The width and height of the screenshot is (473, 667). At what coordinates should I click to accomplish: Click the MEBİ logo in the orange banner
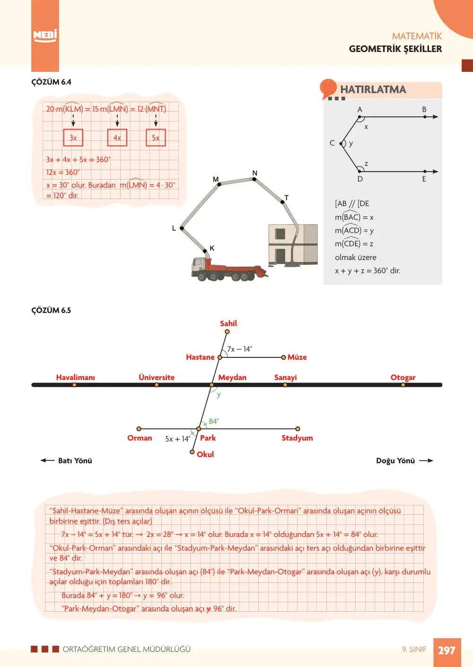tap(45, 36)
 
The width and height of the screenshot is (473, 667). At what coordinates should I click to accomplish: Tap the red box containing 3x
tap(73, 138)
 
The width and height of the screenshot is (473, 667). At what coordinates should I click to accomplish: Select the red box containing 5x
tap(156, 138)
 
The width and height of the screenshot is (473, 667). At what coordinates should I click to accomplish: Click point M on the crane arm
tap(219, 184)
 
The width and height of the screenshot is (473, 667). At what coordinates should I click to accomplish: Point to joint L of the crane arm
tap(182, 228)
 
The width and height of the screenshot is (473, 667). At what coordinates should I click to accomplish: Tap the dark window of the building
tap(280, 234)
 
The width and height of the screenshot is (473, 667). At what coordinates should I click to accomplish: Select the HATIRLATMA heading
tap(373, 89)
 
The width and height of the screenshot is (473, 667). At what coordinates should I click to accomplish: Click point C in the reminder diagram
tap(341, 144)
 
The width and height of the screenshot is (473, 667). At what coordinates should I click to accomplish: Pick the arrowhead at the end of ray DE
tap(435, 172)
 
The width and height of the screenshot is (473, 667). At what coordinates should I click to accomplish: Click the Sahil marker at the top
tap(227, 331)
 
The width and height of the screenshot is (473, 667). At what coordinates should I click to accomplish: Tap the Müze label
tap(297, 357)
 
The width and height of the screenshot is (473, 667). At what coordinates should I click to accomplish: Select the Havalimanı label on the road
tap(76, 377)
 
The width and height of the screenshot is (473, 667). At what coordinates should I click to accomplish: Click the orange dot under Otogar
tap(403, 385)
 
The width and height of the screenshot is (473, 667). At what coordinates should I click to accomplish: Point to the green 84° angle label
tap(214, 421)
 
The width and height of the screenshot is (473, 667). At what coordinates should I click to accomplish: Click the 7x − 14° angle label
tap(239, 349)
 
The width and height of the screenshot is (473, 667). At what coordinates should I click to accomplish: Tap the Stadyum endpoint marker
tap(298, 429)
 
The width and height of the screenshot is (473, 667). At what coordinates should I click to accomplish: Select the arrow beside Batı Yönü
tap(47, 460)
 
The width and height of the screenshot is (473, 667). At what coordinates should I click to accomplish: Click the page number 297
tap(447, 650)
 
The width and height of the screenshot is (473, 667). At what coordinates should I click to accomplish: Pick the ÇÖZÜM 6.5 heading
tap(51, 310)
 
